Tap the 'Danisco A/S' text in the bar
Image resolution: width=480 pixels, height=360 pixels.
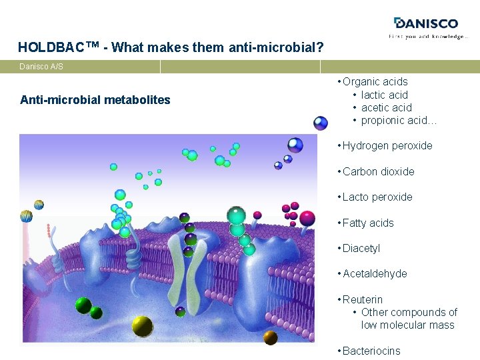(x=41, y=67)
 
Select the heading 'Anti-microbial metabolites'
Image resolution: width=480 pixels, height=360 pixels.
(x=95, y=100)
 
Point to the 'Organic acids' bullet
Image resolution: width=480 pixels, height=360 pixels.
(x=375, y=82)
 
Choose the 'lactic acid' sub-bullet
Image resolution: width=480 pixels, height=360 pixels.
(x=384, y=95)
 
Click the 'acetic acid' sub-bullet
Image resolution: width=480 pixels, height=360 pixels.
(x=386, y=107)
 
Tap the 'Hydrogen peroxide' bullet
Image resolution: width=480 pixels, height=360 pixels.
(x=387, y=145)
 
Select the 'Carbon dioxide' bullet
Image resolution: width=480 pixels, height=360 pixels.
(x=378, y=171)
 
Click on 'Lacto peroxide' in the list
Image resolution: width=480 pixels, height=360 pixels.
(x=377, y=197)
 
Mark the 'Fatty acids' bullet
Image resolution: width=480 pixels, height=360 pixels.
(x=368, y=223)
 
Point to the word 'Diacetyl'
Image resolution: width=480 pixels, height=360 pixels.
(x=361, y=248)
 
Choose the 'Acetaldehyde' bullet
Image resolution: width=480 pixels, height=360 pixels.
(x=375, y=273)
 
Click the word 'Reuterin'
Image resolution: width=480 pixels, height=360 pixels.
(x=363, y=299)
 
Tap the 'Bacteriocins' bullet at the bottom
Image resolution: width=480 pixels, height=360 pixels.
(x=371, y=351)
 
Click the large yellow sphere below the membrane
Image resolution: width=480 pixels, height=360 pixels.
(x=142, y=325)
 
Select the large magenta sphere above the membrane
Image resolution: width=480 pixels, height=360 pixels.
(x=307, y=218)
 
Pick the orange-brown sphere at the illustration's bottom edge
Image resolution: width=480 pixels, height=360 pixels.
(x=270, y=337)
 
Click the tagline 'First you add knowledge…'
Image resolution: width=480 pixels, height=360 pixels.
(x=429, y=37)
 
